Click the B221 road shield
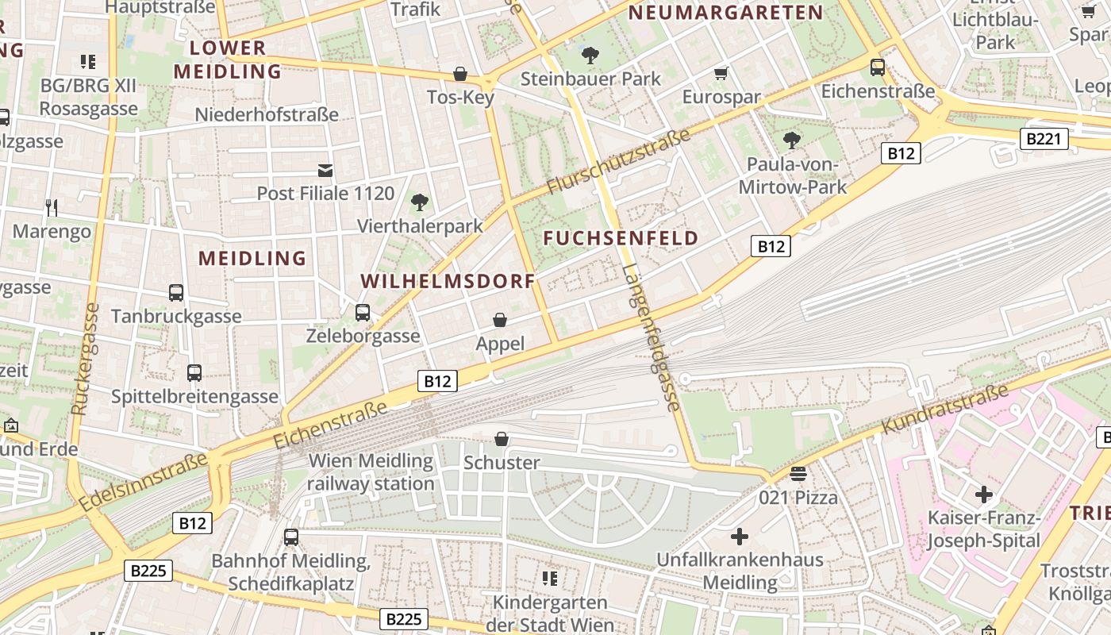[x=1043, y=140]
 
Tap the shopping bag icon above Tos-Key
[x=459, y=74]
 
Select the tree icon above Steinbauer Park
[x=590, y=55]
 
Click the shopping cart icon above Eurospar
[x=721, y=74]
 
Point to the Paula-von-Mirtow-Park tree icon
[x=791, y=140]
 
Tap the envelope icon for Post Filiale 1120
[x=325, y=170]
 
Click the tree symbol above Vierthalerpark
[x=420, y=202]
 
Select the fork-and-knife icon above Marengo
[x=52, y=208]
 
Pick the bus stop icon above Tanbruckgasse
[x=176, y=293]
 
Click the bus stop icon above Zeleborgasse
[x=363, y=313]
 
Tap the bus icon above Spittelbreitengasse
[x=194, y=372]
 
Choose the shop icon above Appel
[x=500, y=320]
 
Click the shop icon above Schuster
[x=502, y=439]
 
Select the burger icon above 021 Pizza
[x=798, y=474]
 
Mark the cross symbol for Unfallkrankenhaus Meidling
[x=740, y=537]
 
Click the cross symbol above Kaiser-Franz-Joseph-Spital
[x=984, y=495]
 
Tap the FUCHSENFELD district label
[x=621, y=238]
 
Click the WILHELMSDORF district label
[x=448, y=282]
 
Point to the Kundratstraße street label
[x=944, y=410]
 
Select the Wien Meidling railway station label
[x=371, y=471]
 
